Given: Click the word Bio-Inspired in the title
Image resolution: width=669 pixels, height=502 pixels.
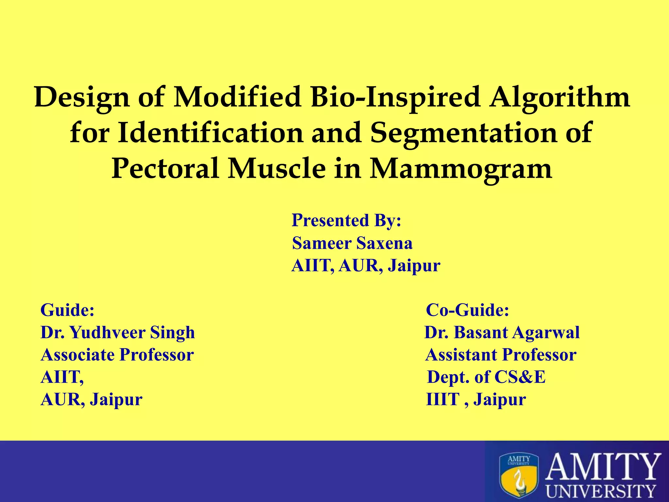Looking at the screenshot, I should (396, 97).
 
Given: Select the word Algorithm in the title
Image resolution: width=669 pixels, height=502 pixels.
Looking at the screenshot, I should (559, 97).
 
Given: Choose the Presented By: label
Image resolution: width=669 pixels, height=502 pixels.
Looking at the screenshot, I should (346, 220).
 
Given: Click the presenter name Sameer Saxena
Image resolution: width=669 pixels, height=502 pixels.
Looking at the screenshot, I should (352, 243).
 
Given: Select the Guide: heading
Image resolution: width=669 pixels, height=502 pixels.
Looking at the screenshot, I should (67, 310).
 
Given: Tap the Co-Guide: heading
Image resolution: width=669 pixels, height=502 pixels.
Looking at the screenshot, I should (467, 310).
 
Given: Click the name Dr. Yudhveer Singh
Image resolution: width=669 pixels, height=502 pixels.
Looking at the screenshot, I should (118, 332).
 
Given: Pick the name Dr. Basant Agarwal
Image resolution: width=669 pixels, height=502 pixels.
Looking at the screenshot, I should (502, 332).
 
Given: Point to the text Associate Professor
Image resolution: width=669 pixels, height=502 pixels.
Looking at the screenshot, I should (117, 355).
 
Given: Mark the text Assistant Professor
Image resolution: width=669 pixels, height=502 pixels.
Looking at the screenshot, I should (501, 355).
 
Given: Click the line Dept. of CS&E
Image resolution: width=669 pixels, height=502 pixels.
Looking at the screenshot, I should (486, 377).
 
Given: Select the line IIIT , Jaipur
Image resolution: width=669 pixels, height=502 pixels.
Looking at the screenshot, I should (476, 399).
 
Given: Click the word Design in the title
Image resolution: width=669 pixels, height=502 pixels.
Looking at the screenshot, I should (82, 97).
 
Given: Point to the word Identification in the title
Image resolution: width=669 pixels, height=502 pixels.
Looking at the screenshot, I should (210, 133).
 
